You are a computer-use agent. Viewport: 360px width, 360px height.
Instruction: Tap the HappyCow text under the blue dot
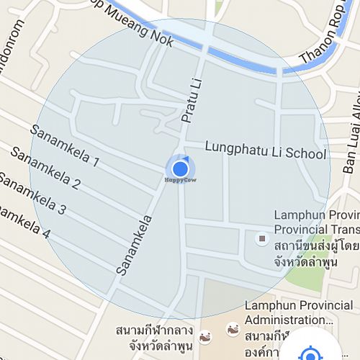click(180, 181)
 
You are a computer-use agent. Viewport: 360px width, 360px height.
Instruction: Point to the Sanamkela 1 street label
click(64, 145)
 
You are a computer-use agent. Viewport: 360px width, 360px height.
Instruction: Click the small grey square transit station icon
click(262, 238)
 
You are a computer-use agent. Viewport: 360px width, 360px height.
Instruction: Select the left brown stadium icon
click(204, 336)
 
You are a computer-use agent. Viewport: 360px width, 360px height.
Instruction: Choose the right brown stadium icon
click(233, 330)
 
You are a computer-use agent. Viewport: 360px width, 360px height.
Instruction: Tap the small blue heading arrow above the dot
click(184, 158)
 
